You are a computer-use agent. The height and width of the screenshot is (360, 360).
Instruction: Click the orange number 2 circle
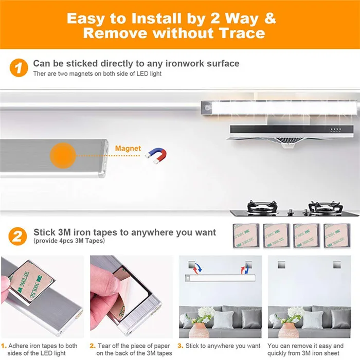(x=18, y=236)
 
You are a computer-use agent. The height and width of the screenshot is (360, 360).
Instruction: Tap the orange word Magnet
(x=128, y=149)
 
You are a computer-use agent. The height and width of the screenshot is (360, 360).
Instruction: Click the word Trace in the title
(x=240, y=33)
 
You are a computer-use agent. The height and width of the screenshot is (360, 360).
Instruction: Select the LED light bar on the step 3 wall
(x=220, y=278)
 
